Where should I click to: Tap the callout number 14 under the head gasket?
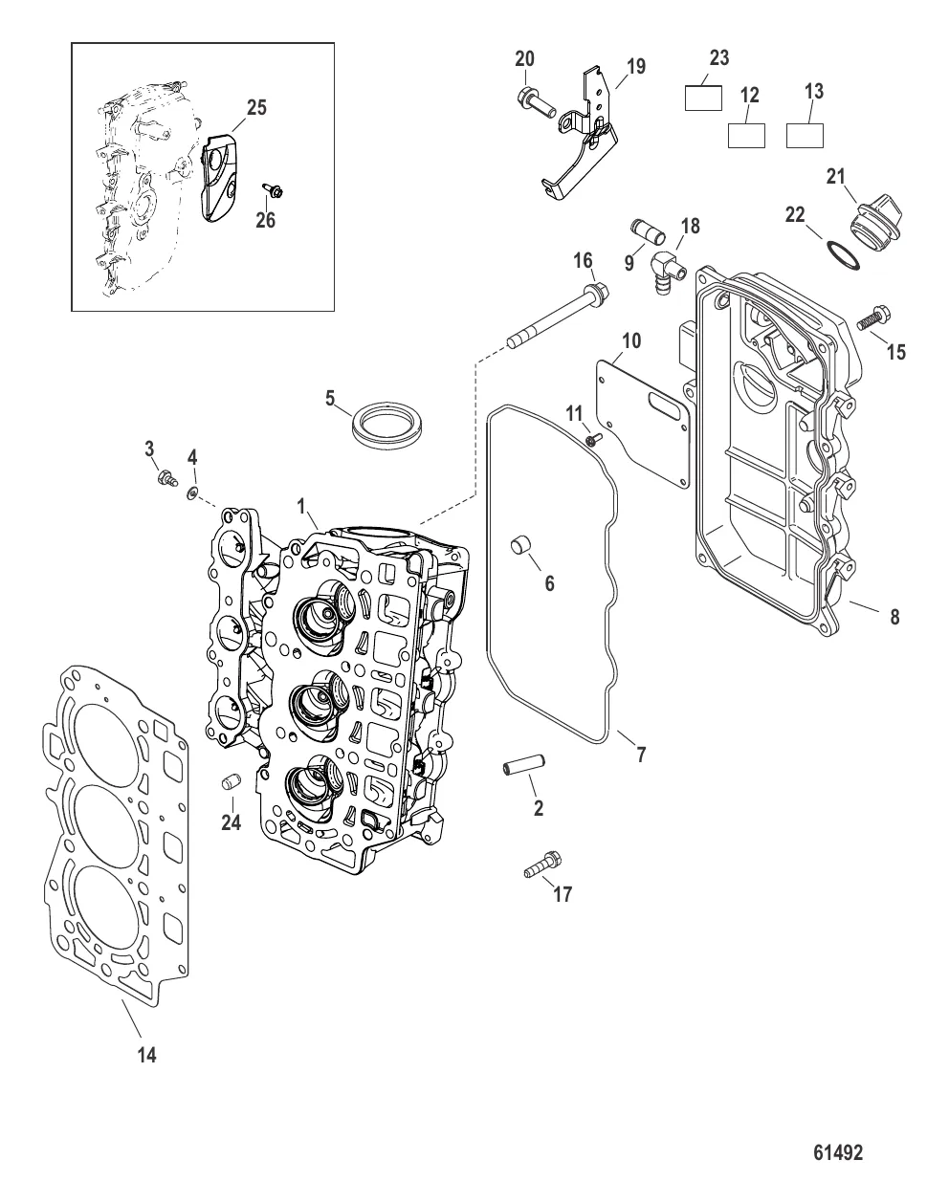tap(146, 1055)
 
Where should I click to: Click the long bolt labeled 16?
tap(558, 317)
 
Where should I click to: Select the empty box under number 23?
tap(703, 98)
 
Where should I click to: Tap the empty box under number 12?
tap(746, 136)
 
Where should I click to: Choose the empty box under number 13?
tap(805, 136)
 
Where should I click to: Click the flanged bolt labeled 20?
tap(536, 102)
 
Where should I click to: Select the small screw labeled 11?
tap(593, 439)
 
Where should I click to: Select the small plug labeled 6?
tap(521, 544)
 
